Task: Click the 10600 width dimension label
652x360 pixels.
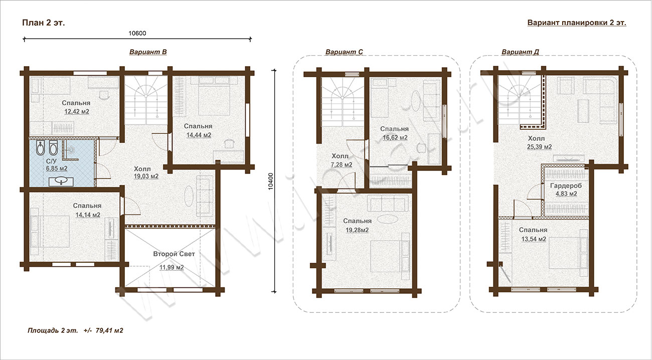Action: click(x=137, y=33)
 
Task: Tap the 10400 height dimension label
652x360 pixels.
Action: click(x=271, y=182)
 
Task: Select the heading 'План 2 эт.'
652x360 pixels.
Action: click(x=43, y=23)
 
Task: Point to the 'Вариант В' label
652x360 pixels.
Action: click(x=148, y=52)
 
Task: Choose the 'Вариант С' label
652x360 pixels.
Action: click(x=344, y=52)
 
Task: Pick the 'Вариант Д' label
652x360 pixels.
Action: click(x=520, y=52)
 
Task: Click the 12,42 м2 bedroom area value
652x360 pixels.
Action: click(x=77, y=111)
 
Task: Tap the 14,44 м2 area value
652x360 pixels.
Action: click(x=199, y=135)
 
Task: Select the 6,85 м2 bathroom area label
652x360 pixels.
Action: click(x=57, y=168)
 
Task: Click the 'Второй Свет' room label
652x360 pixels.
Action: click(x=174, y=254)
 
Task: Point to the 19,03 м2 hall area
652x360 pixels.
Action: click(x=146, y=176)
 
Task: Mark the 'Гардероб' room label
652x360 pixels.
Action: click(x=566, y=186)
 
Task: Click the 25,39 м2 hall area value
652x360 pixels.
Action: click(x=539, y=147)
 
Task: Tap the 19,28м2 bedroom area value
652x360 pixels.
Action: click(x=357, y=230)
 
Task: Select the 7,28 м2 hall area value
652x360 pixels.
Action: click(x=342, y=165)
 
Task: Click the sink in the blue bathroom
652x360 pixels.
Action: click(x=61, y=181)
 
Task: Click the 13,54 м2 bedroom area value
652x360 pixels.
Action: click(x=534, y=240)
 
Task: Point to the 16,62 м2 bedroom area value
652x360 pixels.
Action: click(x=395, y=138)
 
